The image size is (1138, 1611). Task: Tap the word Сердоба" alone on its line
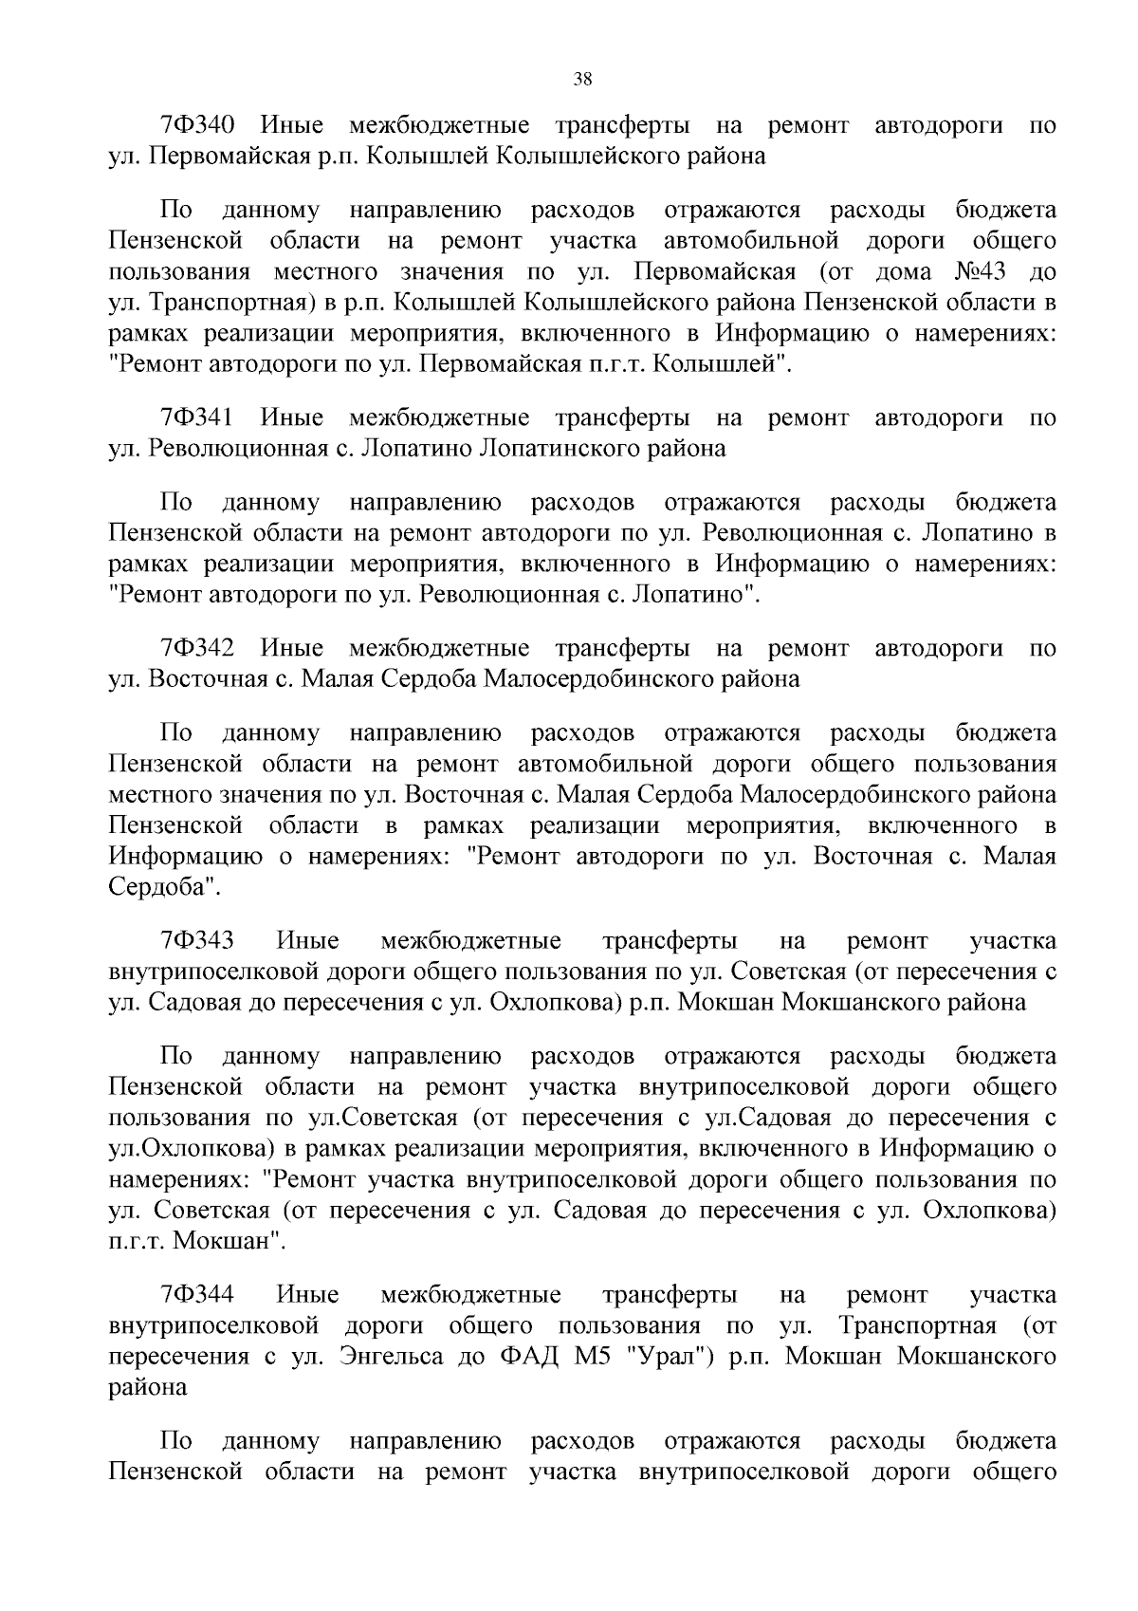[x=164, y=888]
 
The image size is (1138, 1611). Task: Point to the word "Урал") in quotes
[x=670, y=1357]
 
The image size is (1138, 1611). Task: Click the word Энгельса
[x=391, y=1357]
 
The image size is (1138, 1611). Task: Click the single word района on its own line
[x=148, y=1387]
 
